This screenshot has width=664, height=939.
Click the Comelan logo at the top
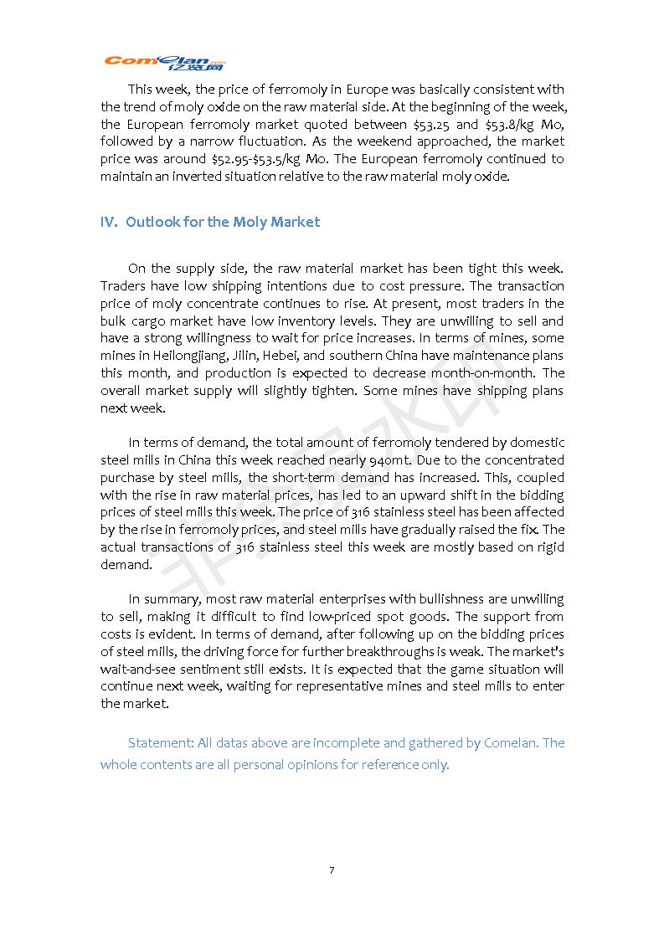(165, 63)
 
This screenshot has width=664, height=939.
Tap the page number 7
(332, 870)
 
